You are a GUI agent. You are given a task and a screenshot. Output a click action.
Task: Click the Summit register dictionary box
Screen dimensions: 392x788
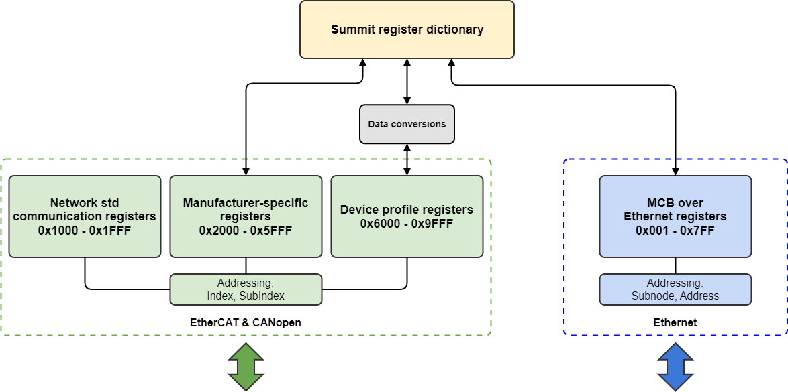407,29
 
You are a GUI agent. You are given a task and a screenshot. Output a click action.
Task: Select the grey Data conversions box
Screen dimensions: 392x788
407,124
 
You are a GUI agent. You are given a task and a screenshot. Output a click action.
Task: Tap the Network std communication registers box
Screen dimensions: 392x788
85,216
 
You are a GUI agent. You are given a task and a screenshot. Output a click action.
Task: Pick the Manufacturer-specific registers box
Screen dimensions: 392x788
246,216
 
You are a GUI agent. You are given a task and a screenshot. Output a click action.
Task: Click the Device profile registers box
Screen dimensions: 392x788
407,216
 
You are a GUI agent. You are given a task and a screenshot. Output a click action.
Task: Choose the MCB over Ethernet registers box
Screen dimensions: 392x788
675,216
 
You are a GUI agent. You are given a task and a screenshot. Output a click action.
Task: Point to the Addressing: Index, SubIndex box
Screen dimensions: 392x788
246,289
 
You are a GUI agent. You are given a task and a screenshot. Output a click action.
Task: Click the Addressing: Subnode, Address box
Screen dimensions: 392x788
675,289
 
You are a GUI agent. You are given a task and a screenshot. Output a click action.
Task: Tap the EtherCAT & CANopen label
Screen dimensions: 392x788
246,322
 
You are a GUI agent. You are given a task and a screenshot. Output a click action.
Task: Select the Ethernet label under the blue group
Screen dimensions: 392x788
675,322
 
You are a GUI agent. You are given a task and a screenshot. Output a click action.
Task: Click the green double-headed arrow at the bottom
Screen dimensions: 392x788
246,367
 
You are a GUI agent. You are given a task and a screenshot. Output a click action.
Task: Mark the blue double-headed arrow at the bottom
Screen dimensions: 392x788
675,367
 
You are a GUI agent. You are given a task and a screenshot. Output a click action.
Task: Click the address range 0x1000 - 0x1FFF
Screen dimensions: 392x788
85,230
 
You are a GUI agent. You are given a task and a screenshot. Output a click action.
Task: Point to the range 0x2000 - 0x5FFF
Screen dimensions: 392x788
246,230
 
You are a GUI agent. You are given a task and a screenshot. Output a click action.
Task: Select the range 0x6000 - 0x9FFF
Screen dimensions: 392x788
407,223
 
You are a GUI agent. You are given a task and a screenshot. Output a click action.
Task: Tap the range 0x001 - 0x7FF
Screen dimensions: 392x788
675,230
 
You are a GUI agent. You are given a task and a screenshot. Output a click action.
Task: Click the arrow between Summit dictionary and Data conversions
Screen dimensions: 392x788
407,81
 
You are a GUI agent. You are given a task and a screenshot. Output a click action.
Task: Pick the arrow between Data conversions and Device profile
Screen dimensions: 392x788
407,159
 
